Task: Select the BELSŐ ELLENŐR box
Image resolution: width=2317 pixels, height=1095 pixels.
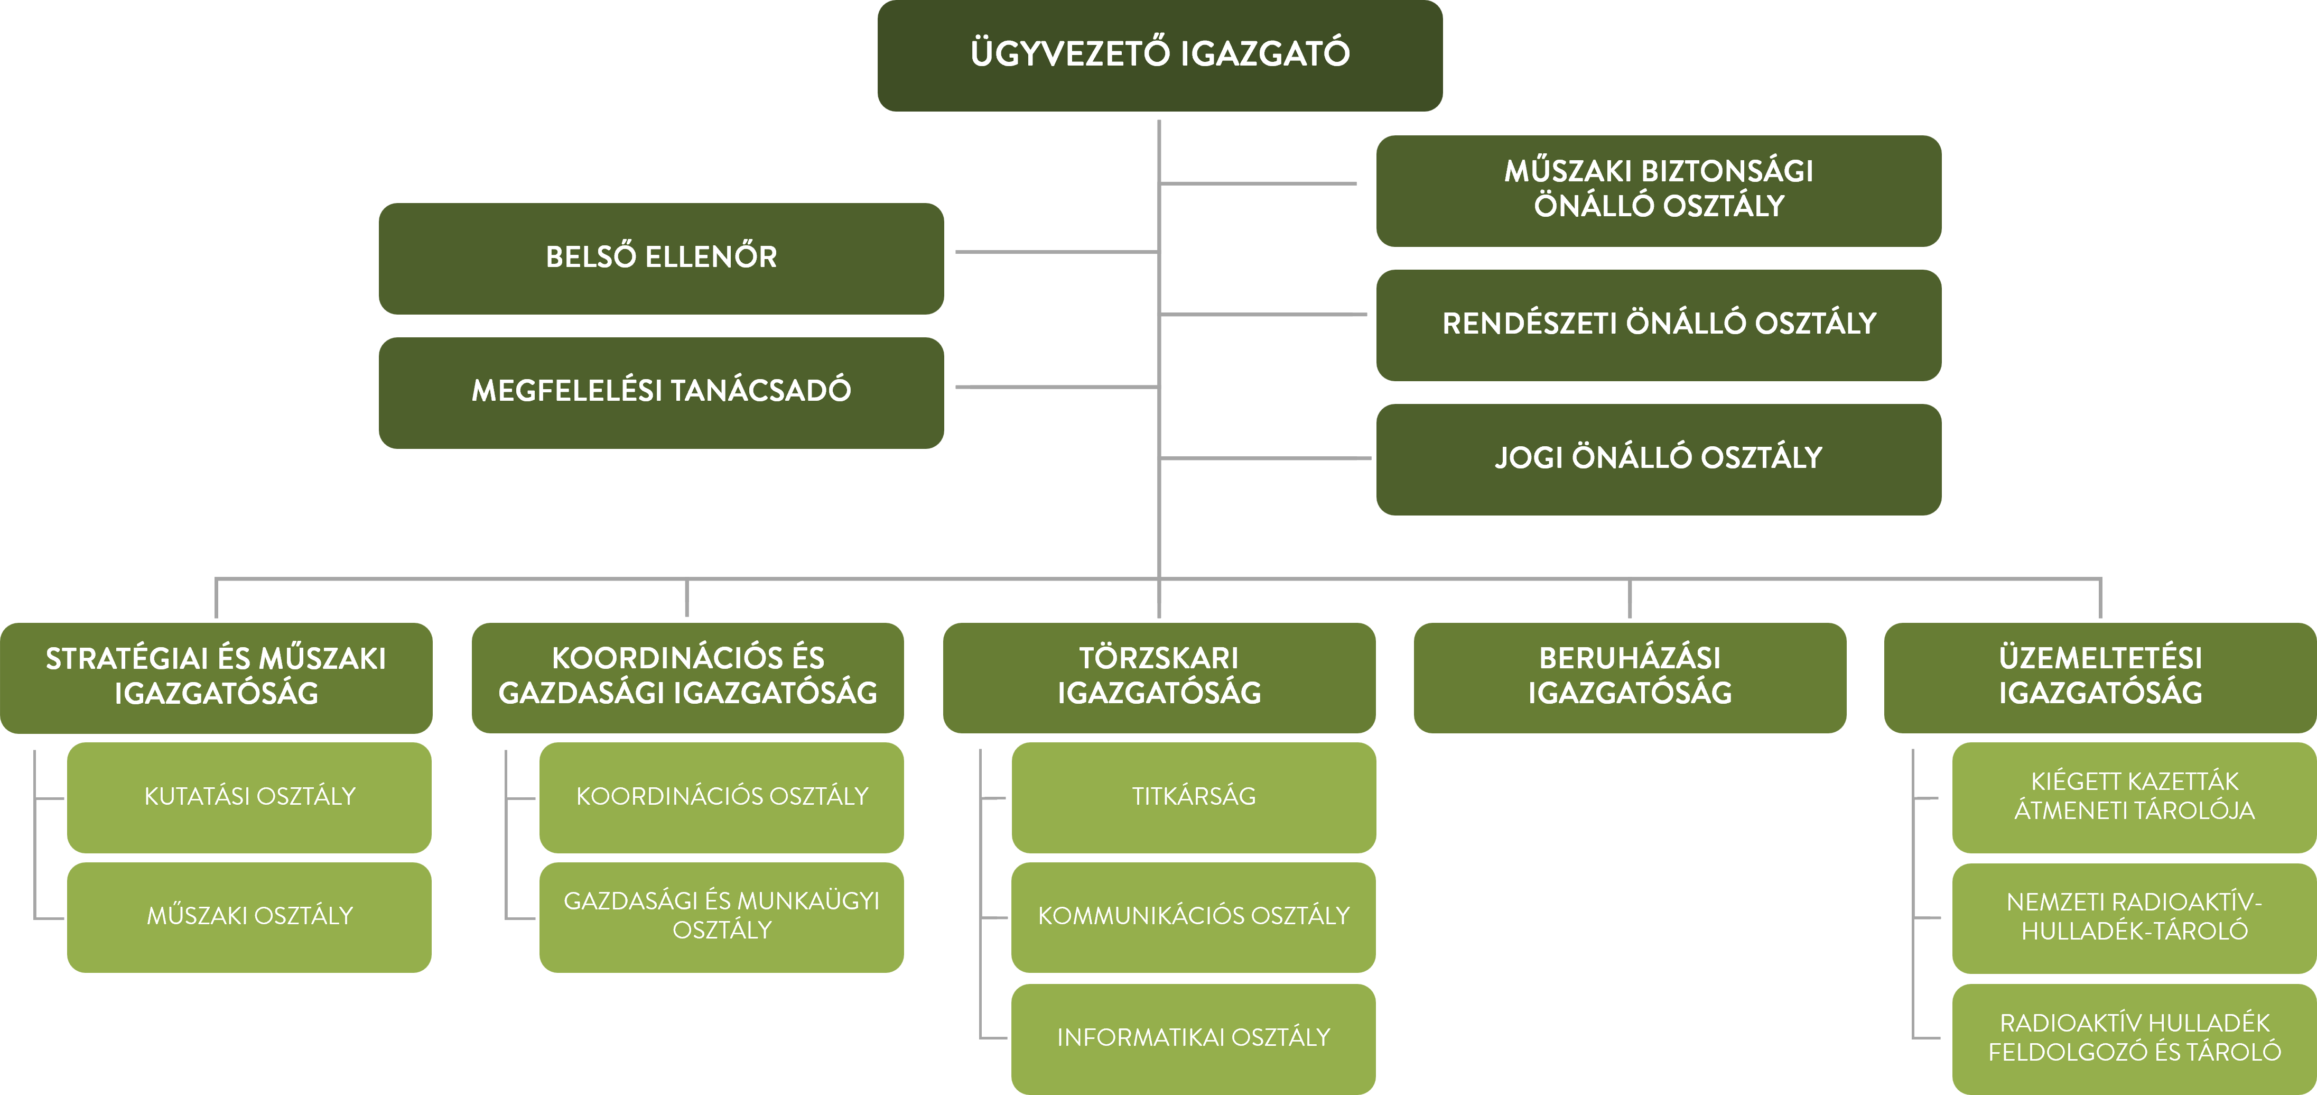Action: [x=661, y=258]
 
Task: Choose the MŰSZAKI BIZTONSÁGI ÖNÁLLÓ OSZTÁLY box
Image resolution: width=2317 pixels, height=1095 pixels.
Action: [x=1659, y=190]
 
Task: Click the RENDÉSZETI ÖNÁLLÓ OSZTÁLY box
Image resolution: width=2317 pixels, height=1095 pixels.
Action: [x=1659, y=325]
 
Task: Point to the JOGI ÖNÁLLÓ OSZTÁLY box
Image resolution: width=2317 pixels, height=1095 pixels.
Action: [x=1659, y=459]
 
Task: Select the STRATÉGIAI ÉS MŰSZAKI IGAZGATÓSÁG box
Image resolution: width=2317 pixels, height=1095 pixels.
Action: [x=216, y=677]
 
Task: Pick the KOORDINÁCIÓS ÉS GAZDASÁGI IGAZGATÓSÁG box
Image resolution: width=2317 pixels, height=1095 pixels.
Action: [x=687, y=677]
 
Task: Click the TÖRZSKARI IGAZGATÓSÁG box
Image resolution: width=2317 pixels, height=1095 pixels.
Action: [x=1158, y=677]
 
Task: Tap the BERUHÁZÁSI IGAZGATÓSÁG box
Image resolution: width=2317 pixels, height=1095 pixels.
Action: [x=1630, y=677]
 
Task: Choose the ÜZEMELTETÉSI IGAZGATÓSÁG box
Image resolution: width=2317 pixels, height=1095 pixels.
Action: [x=2100, y=677]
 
